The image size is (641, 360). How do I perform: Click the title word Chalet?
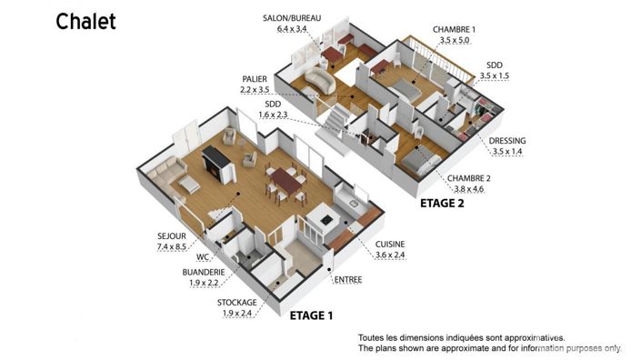coord(86,22)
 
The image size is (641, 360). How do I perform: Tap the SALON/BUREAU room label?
coord(299,18)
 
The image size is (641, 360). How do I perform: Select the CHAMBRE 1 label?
coord(455,29)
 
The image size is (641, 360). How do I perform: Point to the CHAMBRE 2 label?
coord(468,178)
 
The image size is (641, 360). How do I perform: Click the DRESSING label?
coord(506,141)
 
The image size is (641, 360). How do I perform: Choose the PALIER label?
coord(255,79)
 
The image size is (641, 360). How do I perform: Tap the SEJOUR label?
coord(171,235)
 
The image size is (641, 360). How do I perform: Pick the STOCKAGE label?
coord(235,302)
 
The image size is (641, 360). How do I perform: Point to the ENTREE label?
coord(347,279)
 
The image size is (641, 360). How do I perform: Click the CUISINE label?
coord(390,244)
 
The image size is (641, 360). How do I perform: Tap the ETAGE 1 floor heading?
coord(311,316)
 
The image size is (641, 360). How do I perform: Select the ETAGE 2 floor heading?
coord(442,204)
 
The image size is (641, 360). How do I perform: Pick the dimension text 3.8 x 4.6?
coord(468,189)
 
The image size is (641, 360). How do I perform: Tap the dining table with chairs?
coord(286,181)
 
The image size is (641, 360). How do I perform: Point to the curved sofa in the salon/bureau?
coord(318,79)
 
